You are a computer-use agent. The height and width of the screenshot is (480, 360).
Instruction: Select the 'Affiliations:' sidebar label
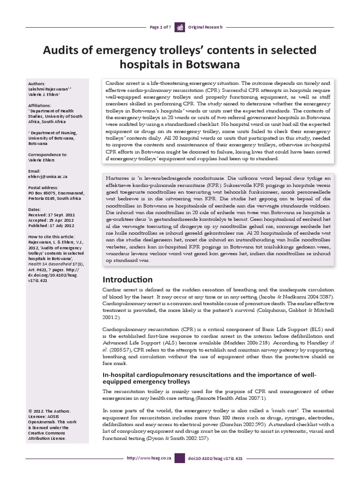click(41, 100)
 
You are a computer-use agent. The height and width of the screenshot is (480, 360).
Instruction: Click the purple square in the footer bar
click(180, 470)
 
